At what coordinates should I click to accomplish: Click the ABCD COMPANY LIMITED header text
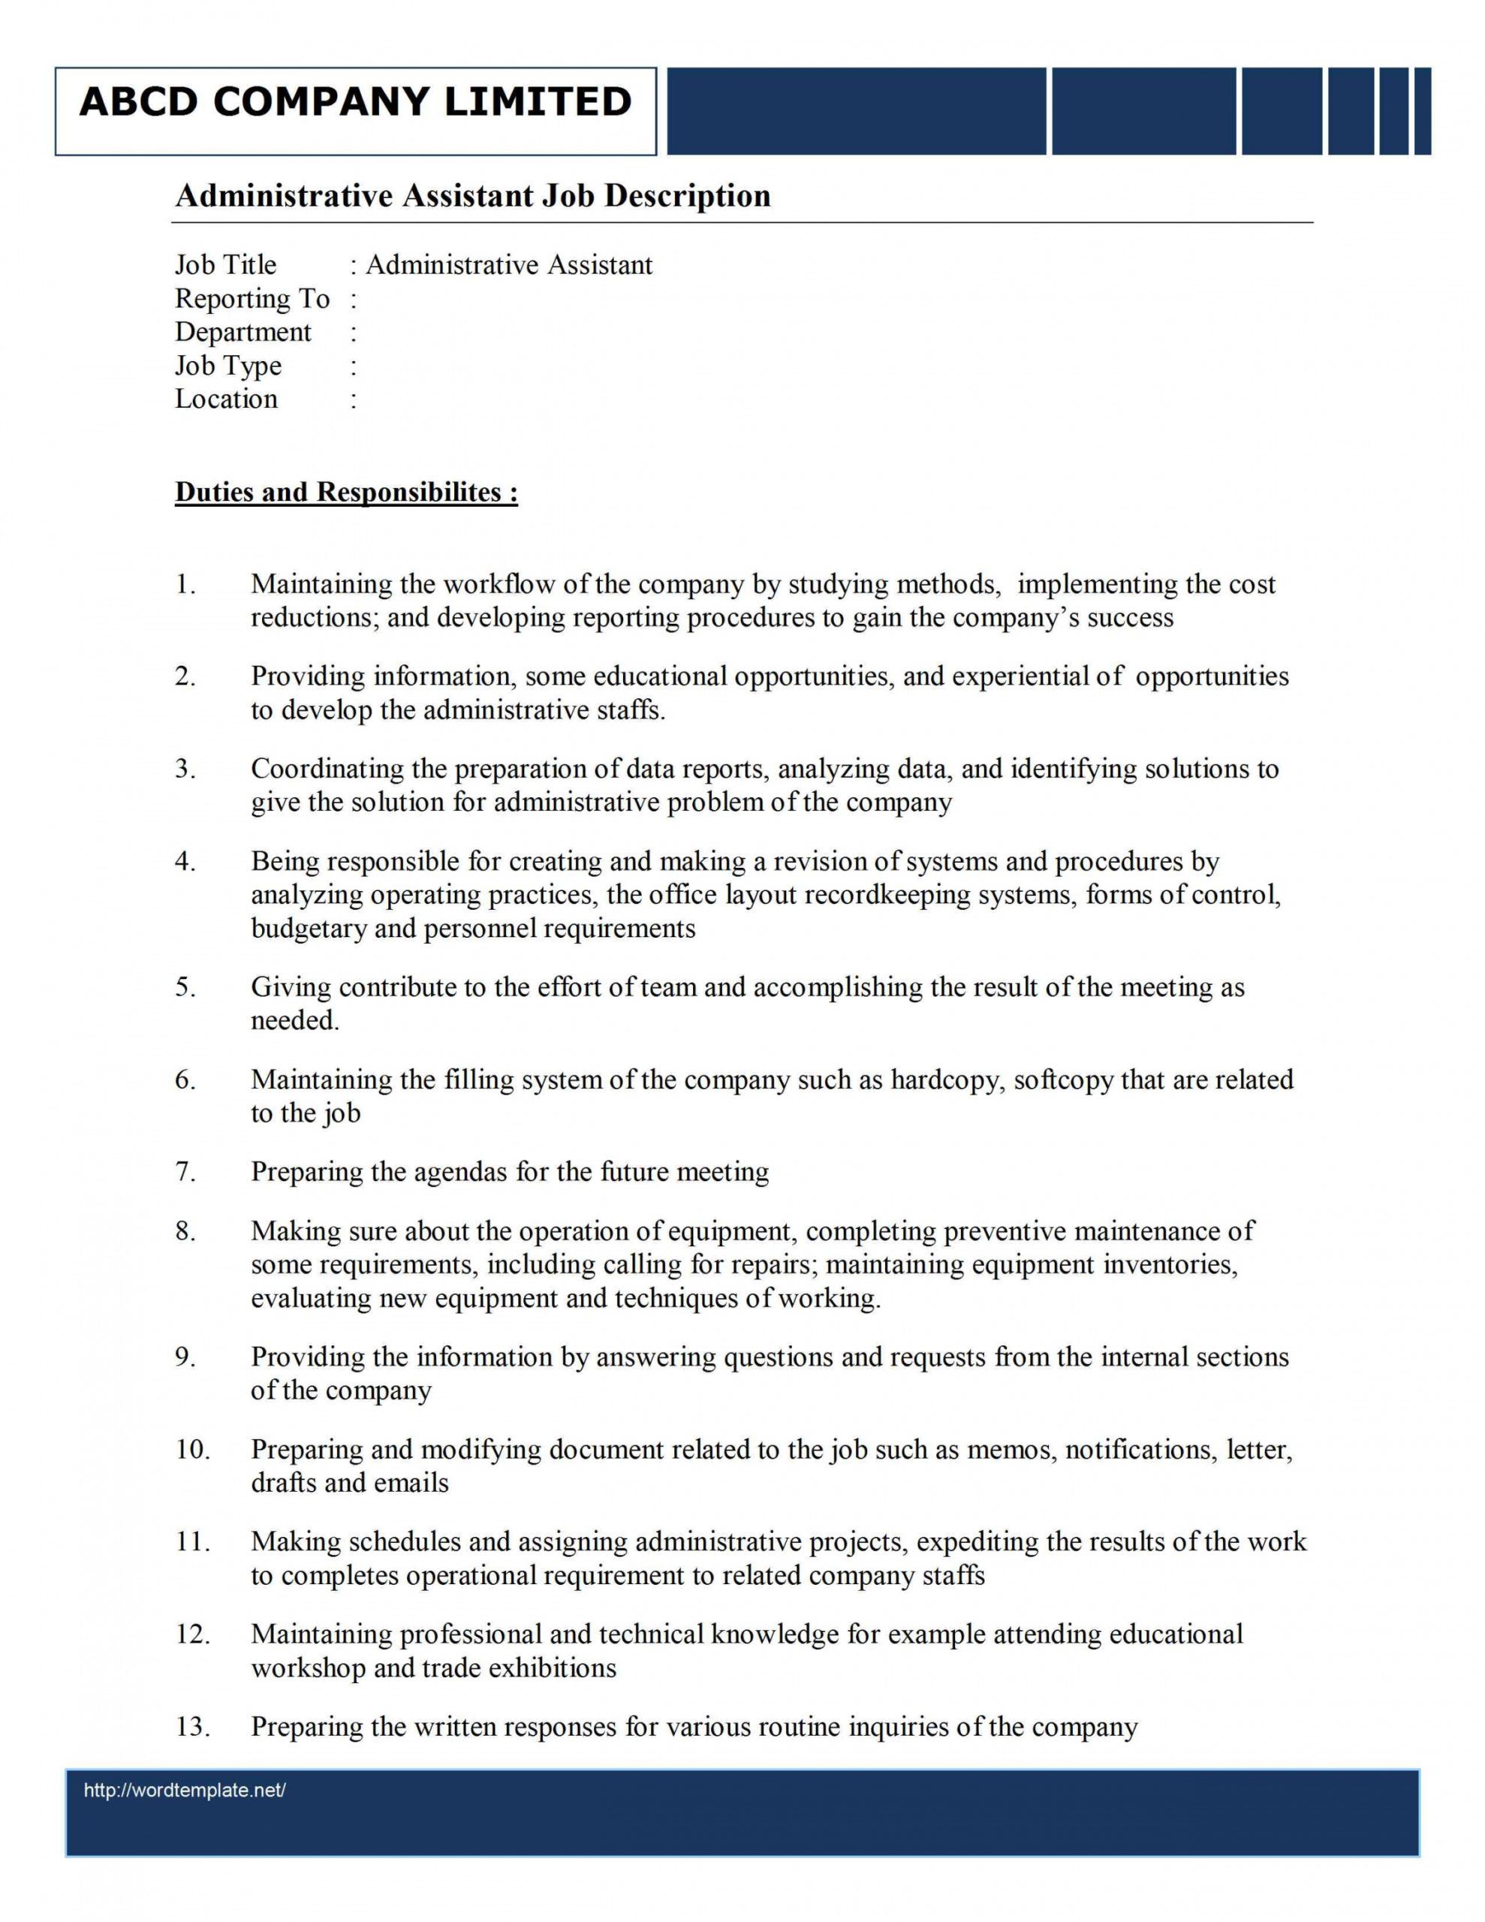(355, 102)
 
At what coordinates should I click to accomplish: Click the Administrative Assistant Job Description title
(473, 195)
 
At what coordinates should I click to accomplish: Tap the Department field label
(243, 333)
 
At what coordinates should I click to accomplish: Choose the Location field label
(226, 399)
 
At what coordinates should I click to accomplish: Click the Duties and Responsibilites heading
(346, 492)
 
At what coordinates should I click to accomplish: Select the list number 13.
(193, 1727)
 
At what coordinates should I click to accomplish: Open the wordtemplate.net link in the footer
(185, 1790)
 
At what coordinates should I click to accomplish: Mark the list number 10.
(193, 1450)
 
